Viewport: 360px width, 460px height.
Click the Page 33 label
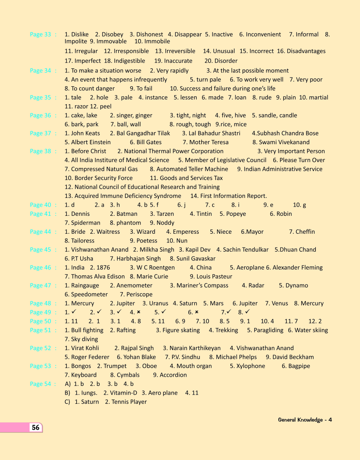coord(40,35)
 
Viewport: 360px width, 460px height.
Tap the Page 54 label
coord(40,384)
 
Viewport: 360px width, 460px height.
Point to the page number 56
coord(36,427)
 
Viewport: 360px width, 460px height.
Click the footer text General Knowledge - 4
coord(305,420)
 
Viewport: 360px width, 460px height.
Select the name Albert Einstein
coord(91,142)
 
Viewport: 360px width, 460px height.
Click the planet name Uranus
coord(158,303)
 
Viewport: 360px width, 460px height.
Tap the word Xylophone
coord(250,366)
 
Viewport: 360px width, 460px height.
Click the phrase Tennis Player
coord(129,402)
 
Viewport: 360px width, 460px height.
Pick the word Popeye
coord(236,214)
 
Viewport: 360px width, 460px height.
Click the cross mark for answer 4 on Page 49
coord(138,312)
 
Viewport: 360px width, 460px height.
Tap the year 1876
coord(103,267)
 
